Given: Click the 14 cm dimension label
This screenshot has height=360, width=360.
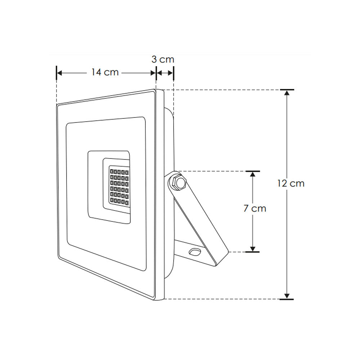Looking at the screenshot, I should coord(104,72).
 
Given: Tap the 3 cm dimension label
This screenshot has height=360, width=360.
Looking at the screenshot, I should coord(163,59).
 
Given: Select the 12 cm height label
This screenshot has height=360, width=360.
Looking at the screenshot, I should coord(291,183).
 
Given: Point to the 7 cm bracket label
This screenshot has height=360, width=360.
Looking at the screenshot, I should coord(255,208).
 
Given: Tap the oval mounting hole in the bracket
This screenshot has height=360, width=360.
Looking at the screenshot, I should coord(195,252).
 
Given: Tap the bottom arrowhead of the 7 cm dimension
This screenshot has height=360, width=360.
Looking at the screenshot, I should coord(253,248).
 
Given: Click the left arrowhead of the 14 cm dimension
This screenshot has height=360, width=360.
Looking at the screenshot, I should coord(60,73).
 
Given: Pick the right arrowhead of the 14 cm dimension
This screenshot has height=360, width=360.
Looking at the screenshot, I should coord(153,73).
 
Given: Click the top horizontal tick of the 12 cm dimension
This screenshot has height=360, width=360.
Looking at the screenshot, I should coord(287,89).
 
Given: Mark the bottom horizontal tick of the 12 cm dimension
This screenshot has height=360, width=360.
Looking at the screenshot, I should coord(287,299).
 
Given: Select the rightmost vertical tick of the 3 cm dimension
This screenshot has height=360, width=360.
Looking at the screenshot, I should coord(174,73).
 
